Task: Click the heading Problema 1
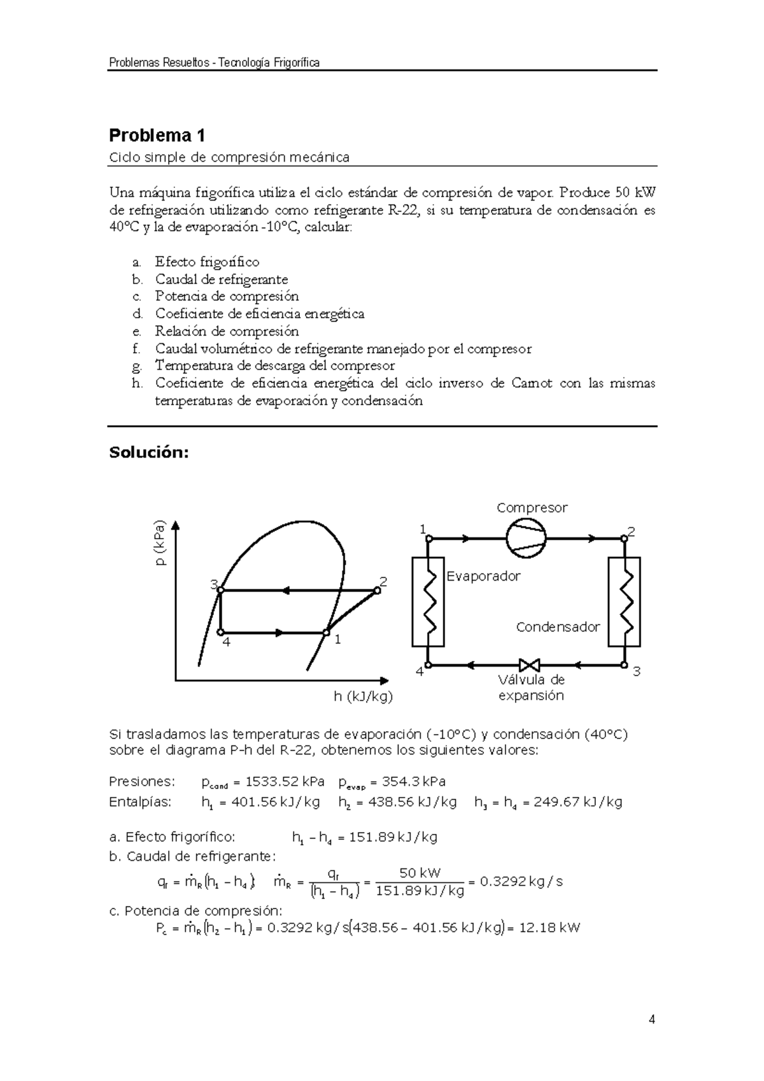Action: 157,136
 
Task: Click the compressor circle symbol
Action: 527,538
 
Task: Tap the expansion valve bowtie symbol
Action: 528,665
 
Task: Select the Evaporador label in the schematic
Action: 483,576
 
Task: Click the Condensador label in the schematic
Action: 558,627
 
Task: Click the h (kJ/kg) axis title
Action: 363,696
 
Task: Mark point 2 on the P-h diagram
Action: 377,590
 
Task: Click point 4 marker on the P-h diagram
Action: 220,632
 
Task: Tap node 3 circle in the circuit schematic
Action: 624,665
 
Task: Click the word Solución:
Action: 149,453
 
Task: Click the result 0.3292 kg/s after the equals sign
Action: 521,882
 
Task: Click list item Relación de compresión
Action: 227,331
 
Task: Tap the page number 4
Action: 651,1020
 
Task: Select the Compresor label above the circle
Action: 532,508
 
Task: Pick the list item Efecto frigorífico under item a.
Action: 207,262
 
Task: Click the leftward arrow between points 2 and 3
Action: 285,590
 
